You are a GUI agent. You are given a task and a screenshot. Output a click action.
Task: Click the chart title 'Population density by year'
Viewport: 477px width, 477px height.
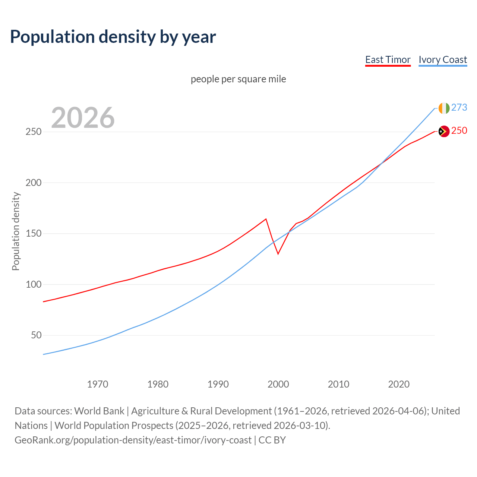point(113,37)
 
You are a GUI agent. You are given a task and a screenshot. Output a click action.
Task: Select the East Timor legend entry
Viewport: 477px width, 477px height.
point(388,60)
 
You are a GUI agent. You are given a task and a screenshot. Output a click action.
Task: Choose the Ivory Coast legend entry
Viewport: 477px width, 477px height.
point(443,60)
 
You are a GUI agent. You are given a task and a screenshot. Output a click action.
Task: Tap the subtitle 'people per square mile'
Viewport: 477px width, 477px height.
point(238,79)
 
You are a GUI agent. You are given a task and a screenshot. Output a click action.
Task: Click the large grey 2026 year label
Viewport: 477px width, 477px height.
point(83,118)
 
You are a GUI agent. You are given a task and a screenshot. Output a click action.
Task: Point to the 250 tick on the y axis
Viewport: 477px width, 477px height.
point(34,132)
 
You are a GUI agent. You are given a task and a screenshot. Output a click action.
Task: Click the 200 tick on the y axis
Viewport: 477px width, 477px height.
point(34,183)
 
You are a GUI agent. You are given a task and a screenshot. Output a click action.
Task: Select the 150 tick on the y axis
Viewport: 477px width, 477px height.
point(34,234)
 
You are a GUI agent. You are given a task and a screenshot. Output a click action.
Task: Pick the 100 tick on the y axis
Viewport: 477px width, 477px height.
point(34,284)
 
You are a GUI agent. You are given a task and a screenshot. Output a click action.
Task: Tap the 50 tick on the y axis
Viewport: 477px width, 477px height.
point(36,335)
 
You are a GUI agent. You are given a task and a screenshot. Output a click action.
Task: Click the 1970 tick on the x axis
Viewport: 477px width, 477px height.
point(98,384)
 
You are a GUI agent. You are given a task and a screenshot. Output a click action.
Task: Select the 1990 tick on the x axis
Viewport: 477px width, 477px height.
point(218,384)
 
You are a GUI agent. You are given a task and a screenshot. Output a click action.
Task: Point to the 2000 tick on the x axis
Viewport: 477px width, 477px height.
point(278,384)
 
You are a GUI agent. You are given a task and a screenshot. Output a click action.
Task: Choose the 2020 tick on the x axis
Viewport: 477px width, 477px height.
point(399,384)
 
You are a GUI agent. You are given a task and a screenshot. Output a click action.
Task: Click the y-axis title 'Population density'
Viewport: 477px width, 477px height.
point(16,231)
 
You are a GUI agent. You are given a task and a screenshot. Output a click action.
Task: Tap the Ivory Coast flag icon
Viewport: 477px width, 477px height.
point(444,108)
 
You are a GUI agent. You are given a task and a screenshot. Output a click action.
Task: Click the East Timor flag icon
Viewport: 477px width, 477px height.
point(444,131)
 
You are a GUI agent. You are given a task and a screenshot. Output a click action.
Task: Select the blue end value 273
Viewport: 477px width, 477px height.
point(459,107)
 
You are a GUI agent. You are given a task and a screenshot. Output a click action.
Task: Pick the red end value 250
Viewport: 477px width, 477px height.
point(459,130)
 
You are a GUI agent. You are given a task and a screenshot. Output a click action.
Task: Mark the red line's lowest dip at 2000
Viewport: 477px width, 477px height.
point(278,254)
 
